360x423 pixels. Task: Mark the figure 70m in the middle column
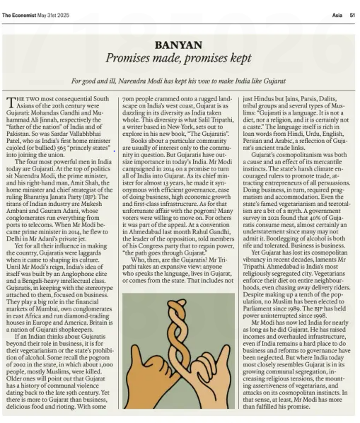pos(128,100)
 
